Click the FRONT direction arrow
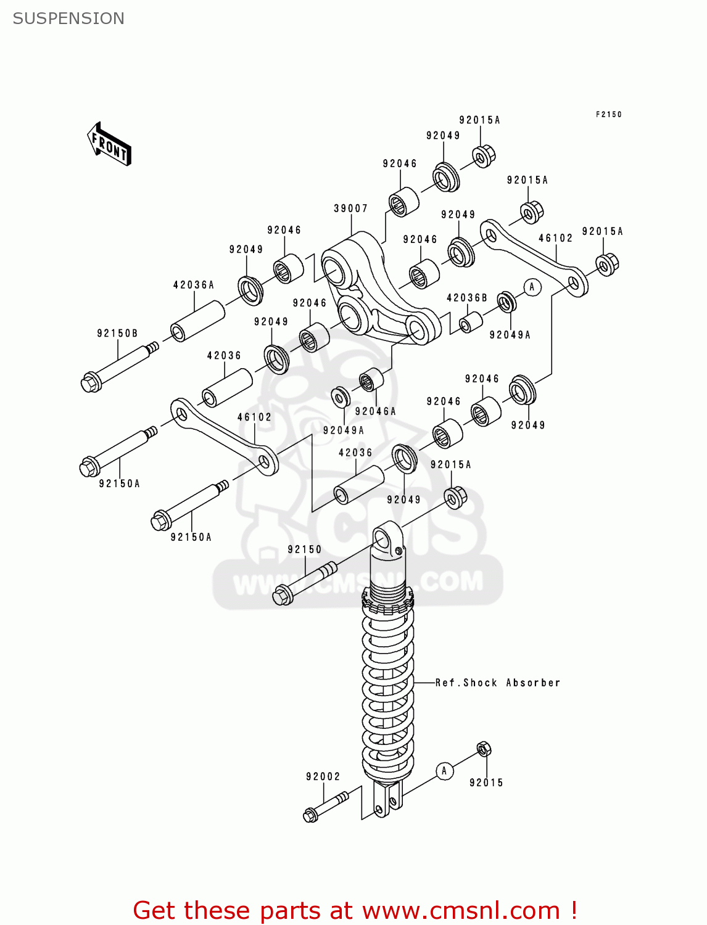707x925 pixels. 109,144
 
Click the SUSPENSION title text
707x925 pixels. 68,18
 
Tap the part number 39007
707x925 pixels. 350,208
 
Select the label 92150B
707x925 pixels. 117,334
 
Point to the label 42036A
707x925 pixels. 194,285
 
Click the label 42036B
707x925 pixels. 466,298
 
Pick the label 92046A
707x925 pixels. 375,411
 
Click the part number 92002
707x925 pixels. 323,776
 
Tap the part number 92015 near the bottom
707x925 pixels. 486,783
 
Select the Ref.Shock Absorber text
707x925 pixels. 498,683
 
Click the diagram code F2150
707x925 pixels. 608,114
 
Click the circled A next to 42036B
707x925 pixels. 532,287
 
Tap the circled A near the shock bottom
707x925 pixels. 444,771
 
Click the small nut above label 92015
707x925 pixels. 484,749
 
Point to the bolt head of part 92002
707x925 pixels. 310,815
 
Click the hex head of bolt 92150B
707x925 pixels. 90,382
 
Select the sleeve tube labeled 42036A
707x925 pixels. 197,320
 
